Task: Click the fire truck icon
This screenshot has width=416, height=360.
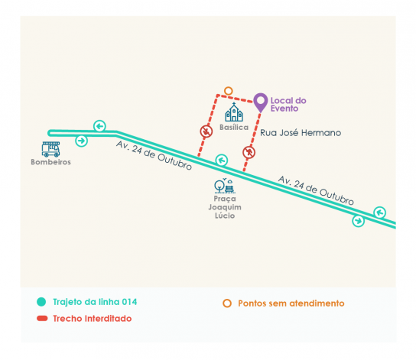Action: [50, 149]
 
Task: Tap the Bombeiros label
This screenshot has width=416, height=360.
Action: [50, 162]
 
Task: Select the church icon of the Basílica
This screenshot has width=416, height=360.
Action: [234, 112]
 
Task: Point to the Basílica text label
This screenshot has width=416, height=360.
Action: [234, 127]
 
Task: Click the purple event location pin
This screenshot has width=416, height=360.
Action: [261, 102]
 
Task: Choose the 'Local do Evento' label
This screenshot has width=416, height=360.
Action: [288, 105]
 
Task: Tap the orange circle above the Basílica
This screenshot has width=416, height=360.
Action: [228, 91]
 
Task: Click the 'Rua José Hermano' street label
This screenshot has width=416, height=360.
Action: [301, 132]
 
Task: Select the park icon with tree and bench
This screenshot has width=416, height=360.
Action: [225, 185]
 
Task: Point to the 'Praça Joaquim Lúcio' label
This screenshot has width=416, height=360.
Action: [225, 207]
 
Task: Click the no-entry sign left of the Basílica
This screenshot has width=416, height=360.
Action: [206, 131]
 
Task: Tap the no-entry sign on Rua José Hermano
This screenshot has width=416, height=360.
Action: [249, 152]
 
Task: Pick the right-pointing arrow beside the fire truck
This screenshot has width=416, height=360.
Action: [82, 141]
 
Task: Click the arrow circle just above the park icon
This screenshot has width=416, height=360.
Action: [222, 161]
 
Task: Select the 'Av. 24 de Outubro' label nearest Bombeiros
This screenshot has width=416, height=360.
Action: [154, 155]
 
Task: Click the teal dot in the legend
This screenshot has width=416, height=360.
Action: [41, 302]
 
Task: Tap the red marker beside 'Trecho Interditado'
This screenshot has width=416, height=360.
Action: [42, 319]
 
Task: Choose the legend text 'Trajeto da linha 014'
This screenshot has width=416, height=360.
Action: [95, 302]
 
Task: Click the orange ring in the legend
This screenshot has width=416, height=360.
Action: [227, 303]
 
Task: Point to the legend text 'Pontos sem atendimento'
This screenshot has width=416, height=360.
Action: [291, 303]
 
